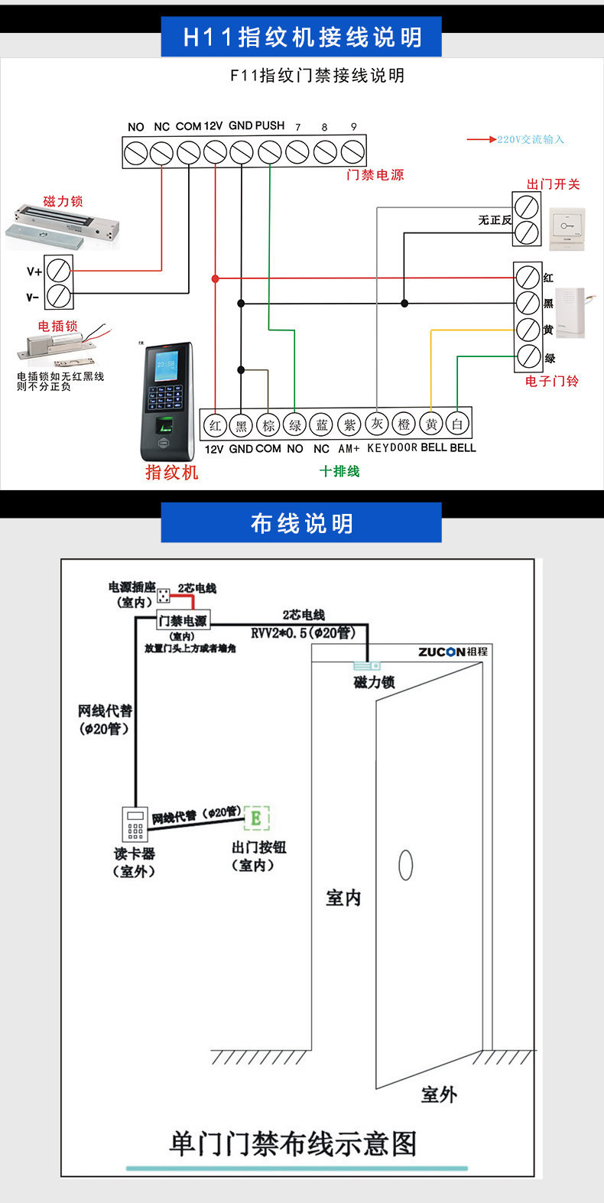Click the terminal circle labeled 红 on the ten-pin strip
[x=215, y=425]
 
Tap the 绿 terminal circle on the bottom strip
[x=295, y=425]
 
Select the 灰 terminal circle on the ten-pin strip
[x=377, y=424]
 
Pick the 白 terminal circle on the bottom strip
[x=457, y=424]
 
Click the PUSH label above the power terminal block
[x=270, y=125]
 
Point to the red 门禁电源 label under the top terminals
[x=375, y=175]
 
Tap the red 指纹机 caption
[x=172, y=472]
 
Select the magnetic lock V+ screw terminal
[x=59, y=269]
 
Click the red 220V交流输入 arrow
[x=482, y=139]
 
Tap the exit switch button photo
[x=567, y=227]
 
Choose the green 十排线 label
[x=339, y=471]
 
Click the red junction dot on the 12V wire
[x=216, y=279]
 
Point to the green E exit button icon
[x=256, y=818]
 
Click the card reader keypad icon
[x=135, y=824]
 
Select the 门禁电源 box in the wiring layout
[x=182, y=620]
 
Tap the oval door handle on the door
[x=406, y=865]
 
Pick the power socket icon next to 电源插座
[x=164, y=595]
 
